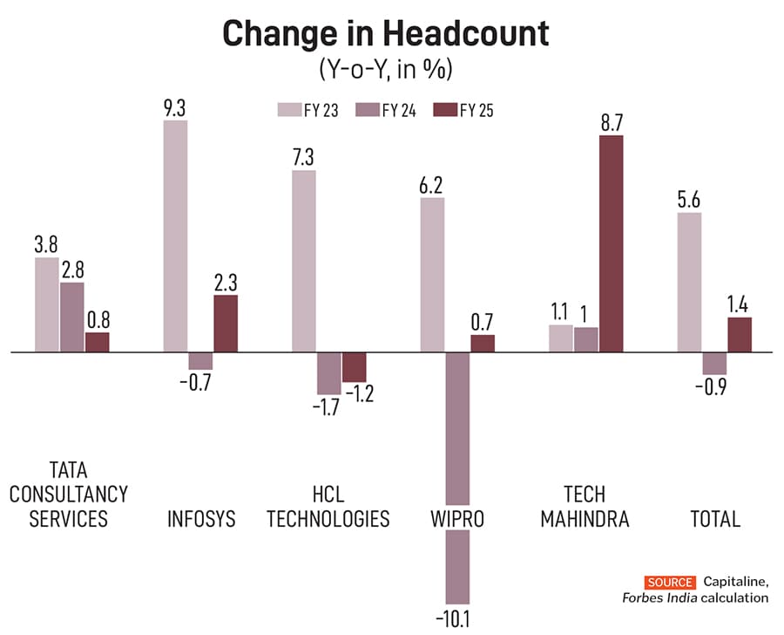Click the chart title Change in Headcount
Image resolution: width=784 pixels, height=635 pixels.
(x=386, y=34)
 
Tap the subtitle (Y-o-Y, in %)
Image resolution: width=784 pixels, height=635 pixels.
(x=386, y=69)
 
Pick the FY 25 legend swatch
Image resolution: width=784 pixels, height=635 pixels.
(x=444, y=109)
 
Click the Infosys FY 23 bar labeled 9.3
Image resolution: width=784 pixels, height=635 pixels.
(x=175, y=236)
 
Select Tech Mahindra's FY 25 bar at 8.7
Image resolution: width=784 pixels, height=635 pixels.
(x=612, y=244)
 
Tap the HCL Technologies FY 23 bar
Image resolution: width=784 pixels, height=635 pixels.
(x=304, y=262)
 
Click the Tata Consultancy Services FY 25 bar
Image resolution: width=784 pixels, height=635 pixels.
(x=98, y=343)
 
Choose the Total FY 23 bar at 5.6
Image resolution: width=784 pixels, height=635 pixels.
(x=689, y=283)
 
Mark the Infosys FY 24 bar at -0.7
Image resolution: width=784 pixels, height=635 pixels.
(x=200, y=361)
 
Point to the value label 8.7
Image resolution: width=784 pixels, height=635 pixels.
(x=612, y=121)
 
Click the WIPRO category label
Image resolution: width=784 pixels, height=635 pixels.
(x=457, y=519)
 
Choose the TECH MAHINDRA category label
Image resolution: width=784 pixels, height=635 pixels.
(x=585, y=506)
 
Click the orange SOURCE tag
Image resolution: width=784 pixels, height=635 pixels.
(x=670, y=582)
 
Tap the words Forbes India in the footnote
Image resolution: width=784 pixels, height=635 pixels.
(x=653, y=598)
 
